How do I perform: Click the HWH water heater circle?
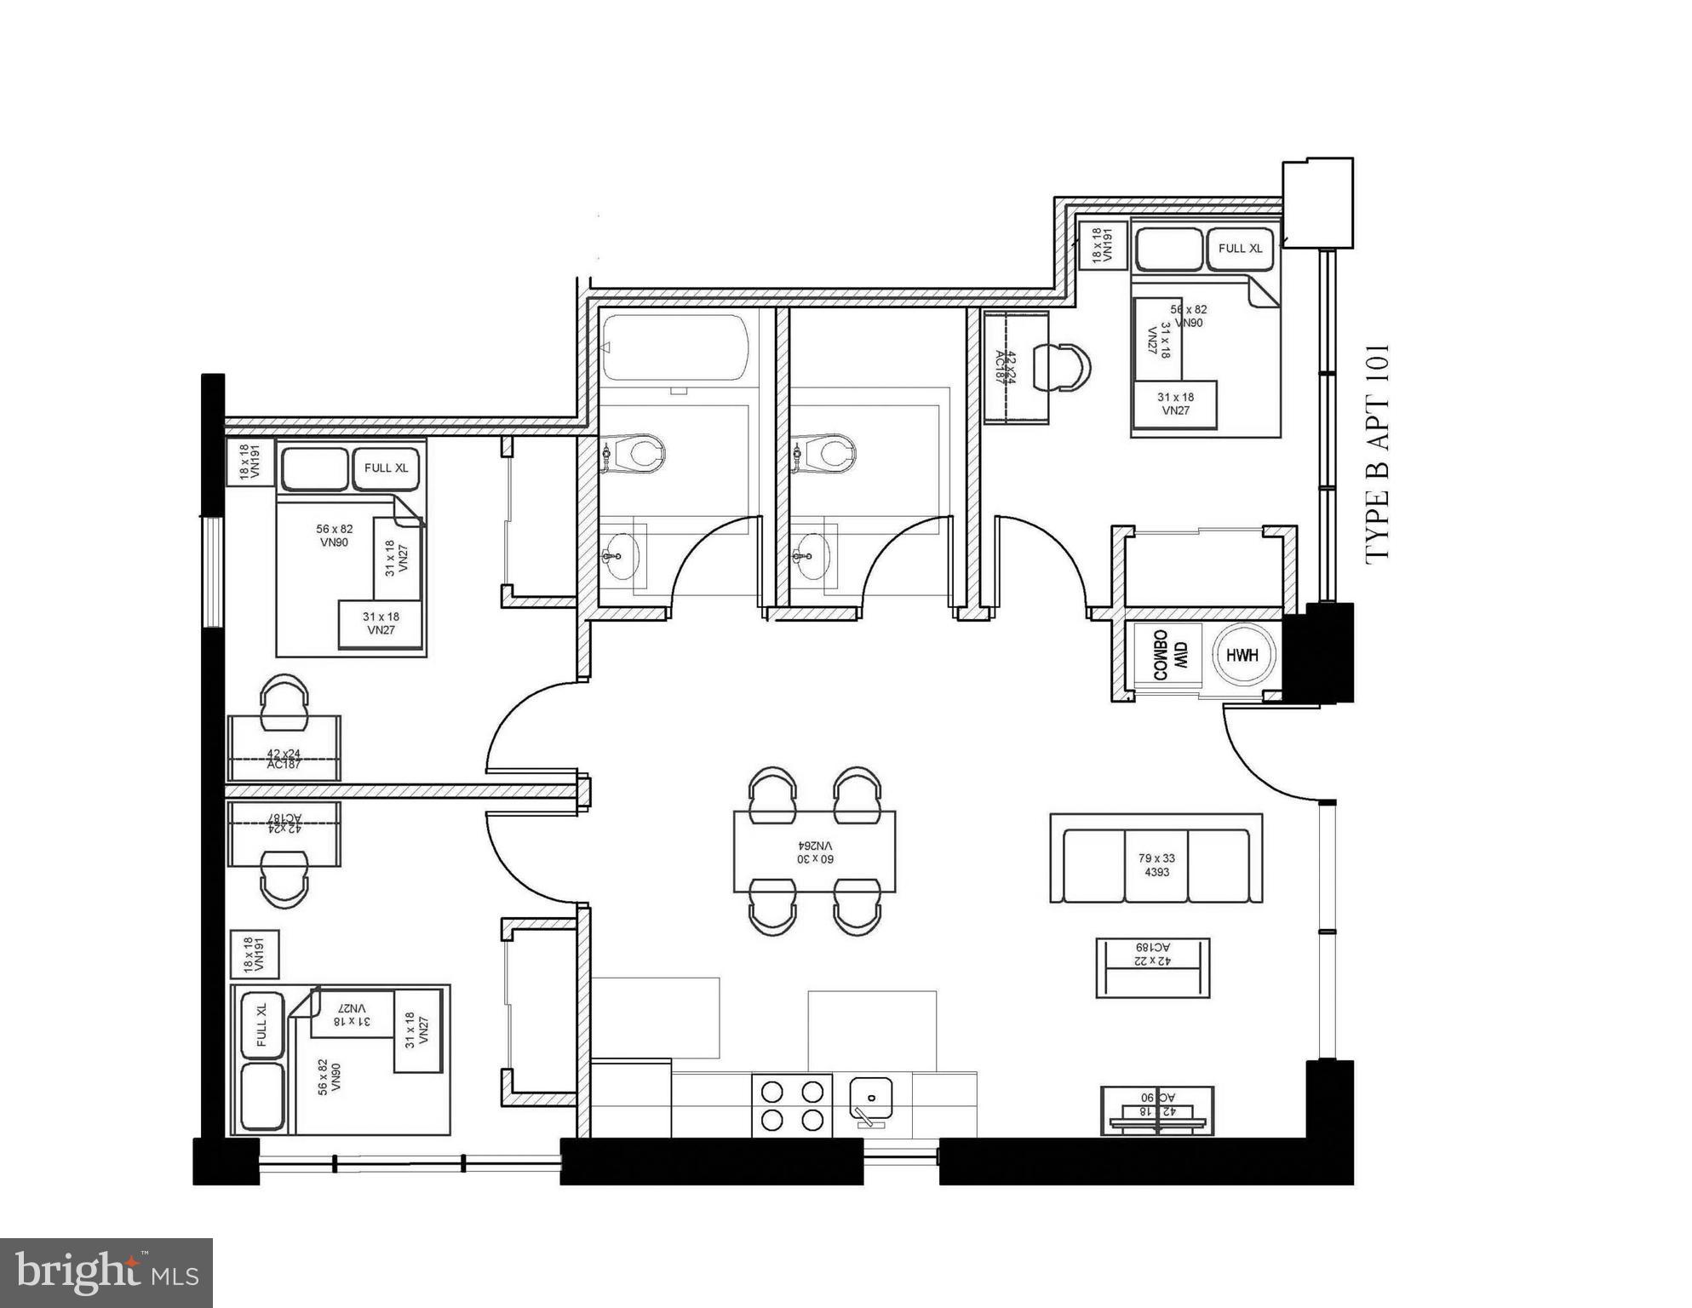pos(1242,655)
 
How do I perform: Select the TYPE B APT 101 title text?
pos(1377,452)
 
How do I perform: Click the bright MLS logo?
pos(106,1273)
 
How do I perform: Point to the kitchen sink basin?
pos(871,1099)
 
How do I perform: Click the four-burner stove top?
pos(792,1105)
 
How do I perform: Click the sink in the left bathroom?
pos(622,556)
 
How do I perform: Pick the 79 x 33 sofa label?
pos(1156,865)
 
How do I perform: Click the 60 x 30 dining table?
pos(815,852)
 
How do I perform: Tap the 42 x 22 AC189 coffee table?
pos(1152,967)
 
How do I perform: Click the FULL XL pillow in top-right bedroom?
pos(1240,249)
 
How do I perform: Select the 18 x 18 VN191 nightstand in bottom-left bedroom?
pos(255,955)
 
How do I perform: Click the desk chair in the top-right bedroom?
pos(1064,368)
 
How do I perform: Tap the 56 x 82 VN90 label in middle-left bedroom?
pos(334,536)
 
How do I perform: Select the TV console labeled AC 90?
pos(1157,1110)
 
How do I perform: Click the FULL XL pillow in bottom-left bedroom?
pos(261,1024)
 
